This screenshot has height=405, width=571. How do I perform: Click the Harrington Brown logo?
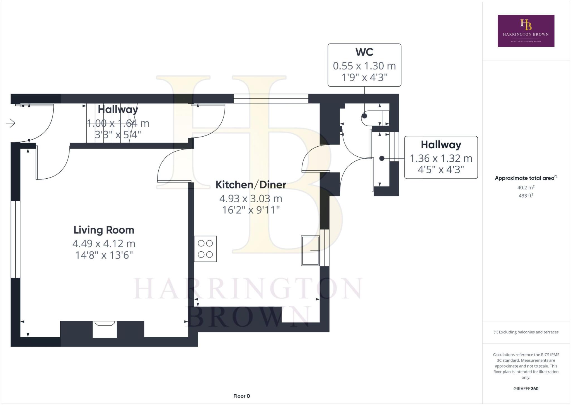coord(526,31)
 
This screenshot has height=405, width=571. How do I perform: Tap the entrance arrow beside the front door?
coord(11,123)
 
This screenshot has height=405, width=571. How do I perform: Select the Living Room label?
coord(104,230)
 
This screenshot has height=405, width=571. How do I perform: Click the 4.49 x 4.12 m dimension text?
coord(104,244)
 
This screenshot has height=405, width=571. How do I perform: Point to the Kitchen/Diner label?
coord(251,185)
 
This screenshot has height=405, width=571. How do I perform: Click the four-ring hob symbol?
coord(205,249)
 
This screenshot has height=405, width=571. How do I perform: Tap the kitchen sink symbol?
coord(310,251)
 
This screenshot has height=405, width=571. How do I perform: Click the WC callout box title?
coord(364,52)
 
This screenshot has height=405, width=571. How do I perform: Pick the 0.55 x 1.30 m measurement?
coord(364,66)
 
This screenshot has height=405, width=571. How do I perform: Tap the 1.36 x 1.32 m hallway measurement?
coord(441,158)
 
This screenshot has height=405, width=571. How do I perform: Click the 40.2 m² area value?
coord(526,188)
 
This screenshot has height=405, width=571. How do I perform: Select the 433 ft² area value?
coord(526,196)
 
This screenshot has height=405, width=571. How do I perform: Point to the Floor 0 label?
coord(241,396)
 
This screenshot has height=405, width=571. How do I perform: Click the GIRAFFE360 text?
coord(526,389)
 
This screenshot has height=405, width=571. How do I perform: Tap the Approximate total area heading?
coord(526,178)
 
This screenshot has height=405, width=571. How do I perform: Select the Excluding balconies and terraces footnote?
coord(526,332)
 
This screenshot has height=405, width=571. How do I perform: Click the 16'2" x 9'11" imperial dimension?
coord(251,210)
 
